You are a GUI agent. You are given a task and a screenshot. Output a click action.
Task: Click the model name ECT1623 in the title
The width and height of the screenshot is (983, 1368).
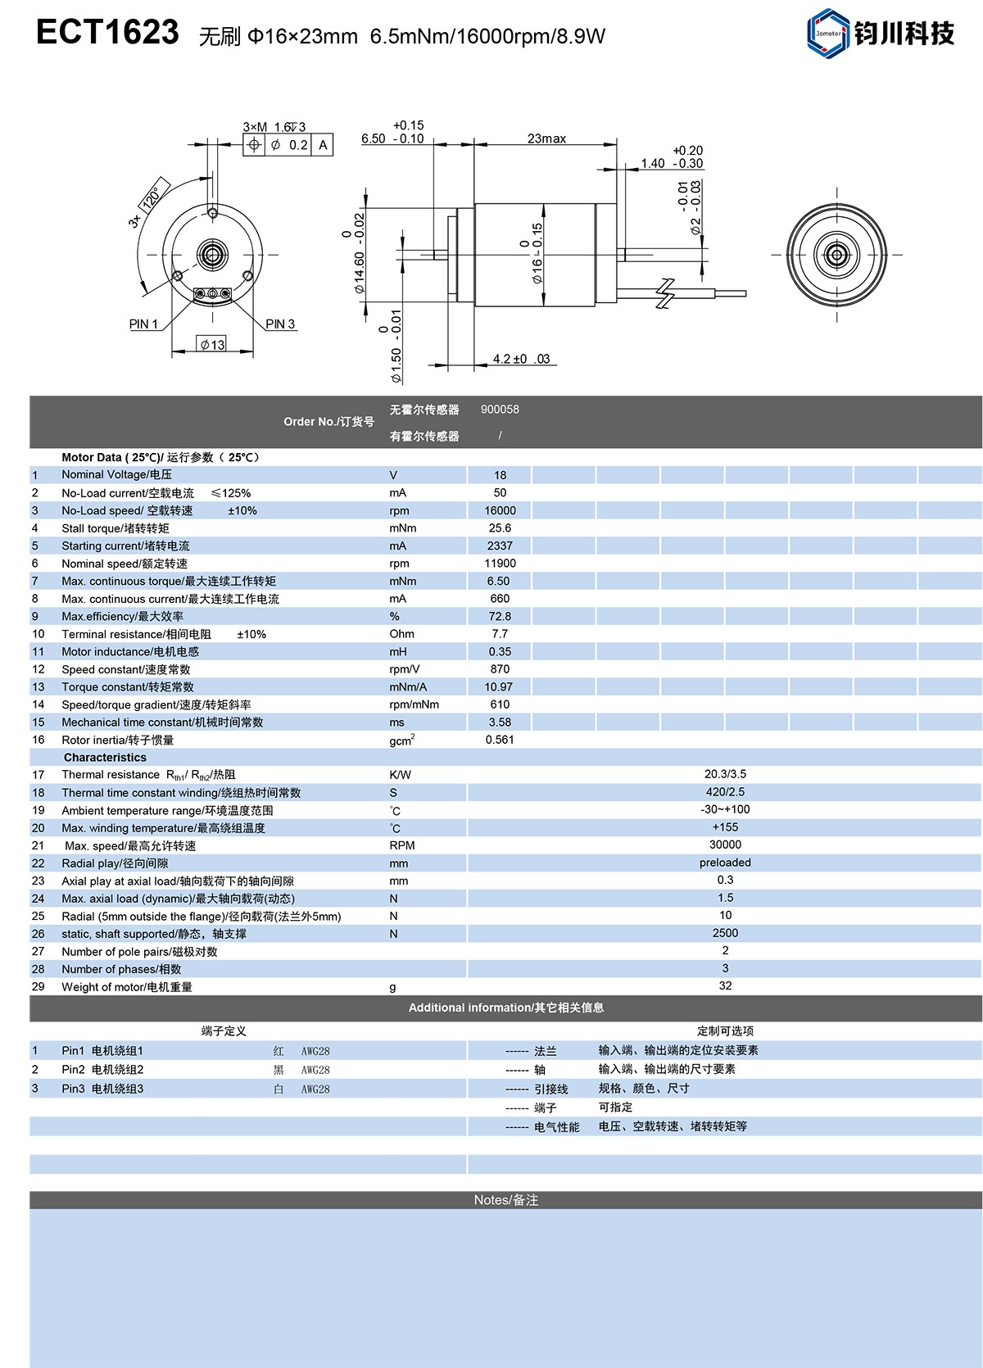point(107,33)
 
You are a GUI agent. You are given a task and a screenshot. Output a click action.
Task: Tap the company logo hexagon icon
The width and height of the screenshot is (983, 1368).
point(827,34)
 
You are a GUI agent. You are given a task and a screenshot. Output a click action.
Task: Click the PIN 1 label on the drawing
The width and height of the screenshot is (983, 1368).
point(143,324)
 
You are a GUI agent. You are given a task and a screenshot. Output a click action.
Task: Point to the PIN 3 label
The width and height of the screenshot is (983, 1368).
point(280,324)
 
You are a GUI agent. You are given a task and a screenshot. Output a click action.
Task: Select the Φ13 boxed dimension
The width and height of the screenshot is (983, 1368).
point(213,345)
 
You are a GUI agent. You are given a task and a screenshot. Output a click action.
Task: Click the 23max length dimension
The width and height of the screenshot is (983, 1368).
point(546,139)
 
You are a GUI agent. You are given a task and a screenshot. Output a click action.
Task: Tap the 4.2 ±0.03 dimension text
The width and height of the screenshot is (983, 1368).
point(521,359)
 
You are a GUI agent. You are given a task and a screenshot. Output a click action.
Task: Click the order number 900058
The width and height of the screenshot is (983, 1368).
point(500,410)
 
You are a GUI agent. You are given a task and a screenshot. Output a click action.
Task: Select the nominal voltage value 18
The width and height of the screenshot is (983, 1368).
point(500,475)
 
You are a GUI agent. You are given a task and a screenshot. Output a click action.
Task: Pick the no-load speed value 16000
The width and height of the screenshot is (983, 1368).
point(500,510)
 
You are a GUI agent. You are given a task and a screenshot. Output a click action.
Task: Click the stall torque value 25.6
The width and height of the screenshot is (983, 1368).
point(500,528)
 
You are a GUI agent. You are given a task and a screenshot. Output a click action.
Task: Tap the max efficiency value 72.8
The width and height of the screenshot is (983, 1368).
point(500,616)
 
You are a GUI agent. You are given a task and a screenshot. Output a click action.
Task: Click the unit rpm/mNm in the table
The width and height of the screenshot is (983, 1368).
point(414,704)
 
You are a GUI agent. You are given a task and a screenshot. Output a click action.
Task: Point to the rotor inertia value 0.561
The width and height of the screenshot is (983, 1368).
point(500,740)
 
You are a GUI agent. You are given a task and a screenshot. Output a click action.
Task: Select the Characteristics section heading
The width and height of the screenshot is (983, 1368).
point(105,758)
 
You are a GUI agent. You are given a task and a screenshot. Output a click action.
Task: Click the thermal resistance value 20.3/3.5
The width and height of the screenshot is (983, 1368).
point(725,774)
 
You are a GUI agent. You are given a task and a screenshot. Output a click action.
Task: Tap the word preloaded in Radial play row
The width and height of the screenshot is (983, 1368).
point(725,863)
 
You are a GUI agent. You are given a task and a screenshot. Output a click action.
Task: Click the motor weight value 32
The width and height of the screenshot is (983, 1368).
point(725,985)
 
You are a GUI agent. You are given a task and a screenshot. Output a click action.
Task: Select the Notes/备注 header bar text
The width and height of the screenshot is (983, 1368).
point(505,1200)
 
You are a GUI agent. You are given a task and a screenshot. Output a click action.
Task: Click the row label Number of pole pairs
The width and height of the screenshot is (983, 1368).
point(139,952)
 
